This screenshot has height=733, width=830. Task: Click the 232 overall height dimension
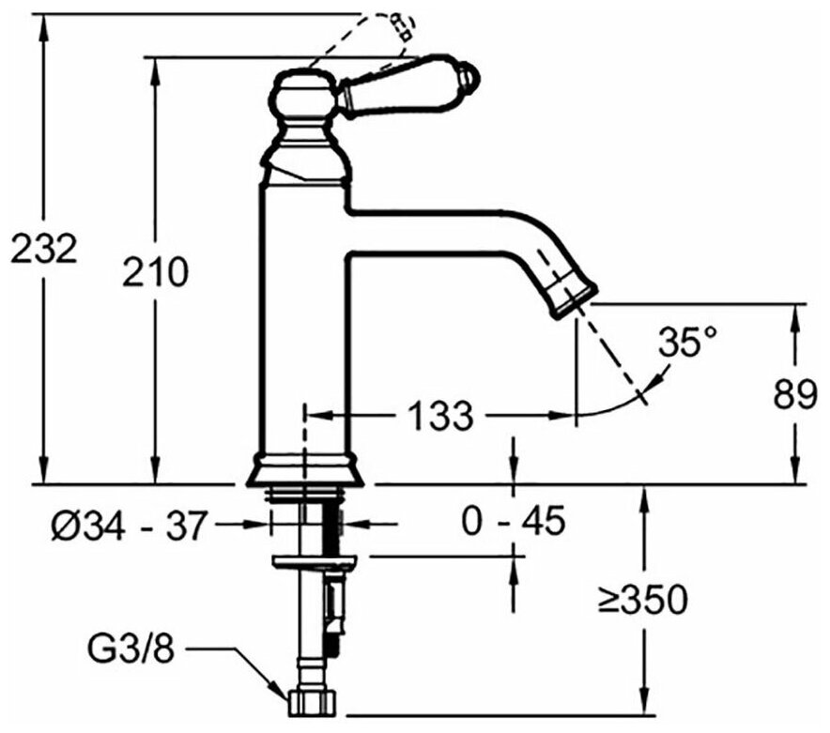pos(44,248)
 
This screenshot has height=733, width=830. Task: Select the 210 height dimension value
pos(155,272)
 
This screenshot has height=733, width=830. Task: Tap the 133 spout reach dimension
pos(441,416)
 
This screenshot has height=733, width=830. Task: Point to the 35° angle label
pos(687,343)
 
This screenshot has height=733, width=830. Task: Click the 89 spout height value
pos(795,394)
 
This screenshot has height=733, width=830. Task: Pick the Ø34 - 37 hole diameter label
pos(128,526)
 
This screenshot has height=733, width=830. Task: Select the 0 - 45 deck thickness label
pos(514,521)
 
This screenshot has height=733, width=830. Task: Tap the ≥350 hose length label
pos(642,600)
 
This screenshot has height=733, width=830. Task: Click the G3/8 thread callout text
pos(131,649)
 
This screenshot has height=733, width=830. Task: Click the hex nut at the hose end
pos(314,704)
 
